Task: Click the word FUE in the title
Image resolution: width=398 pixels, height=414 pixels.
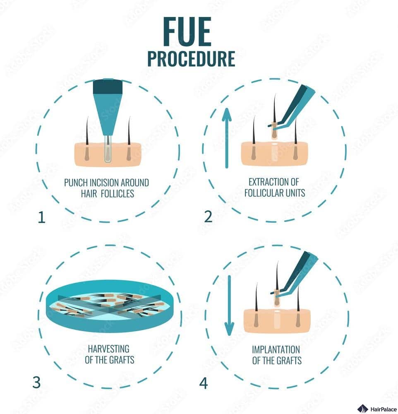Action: pyautogui.click(x=187, y=31)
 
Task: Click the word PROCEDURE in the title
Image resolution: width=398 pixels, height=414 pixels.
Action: pyautogui.click(x=191, y=59)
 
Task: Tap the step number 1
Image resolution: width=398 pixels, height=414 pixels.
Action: pyautogui.click(x=42, y=217)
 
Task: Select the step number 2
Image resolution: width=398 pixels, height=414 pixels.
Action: pyautogui.click(x=208, y=217)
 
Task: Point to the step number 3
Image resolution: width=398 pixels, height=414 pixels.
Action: pyautogui.click(x=36, y=382)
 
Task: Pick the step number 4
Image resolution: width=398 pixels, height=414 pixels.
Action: pyautogui.click(x=204, y=383)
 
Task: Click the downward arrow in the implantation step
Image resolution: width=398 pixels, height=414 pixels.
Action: pyautogui.click(x=229, y=306)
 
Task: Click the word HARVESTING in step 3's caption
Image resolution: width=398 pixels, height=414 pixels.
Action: pyautogui.click(x=108, y=349)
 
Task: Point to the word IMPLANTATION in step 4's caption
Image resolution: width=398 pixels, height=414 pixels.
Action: pyautogui.click(x=276, y=349)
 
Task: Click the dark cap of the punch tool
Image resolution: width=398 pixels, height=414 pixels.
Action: pyautogui.click(x=108, y=87)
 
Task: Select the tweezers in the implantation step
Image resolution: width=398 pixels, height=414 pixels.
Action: pyautogui.click(x=295, y=273)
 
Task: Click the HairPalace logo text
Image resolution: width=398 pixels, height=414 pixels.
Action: pyautogui.click(x=383, y=409)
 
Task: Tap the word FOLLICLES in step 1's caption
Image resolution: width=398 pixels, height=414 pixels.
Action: pyautogui.click(x=117, y=193)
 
